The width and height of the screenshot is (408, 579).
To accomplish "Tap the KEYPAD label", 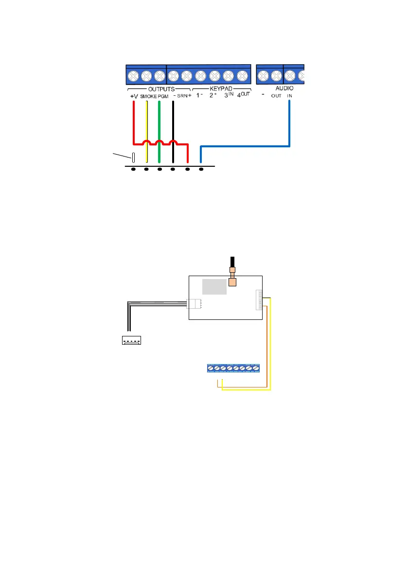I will point(222,89).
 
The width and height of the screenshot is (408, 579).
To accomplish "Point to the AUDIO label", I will point(284,89).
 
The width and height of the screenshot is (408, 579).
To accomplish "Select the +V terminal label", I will point(134,96).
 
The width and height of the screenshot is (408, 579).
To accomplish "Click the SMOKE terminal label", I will point(148,96).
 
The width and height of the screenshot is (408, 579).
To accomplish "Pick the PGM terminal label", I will point(162,96).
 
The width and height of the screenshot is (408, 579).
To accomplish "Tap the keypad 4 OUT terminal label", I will point(243,95).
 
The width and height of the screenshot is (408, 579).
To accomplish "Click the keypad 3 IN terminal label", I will point(229,95).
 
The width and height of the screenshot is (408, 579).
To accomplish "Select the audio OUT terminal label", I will point(276,96).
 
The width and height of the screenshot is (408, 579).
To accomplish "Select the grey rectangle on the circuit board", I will point(214,287).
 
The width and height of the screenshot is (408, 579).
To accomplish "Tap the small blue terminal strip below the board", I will point(233,368).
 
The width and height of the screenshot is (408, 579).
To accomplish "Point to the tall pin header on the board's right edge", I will point(258,299).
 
